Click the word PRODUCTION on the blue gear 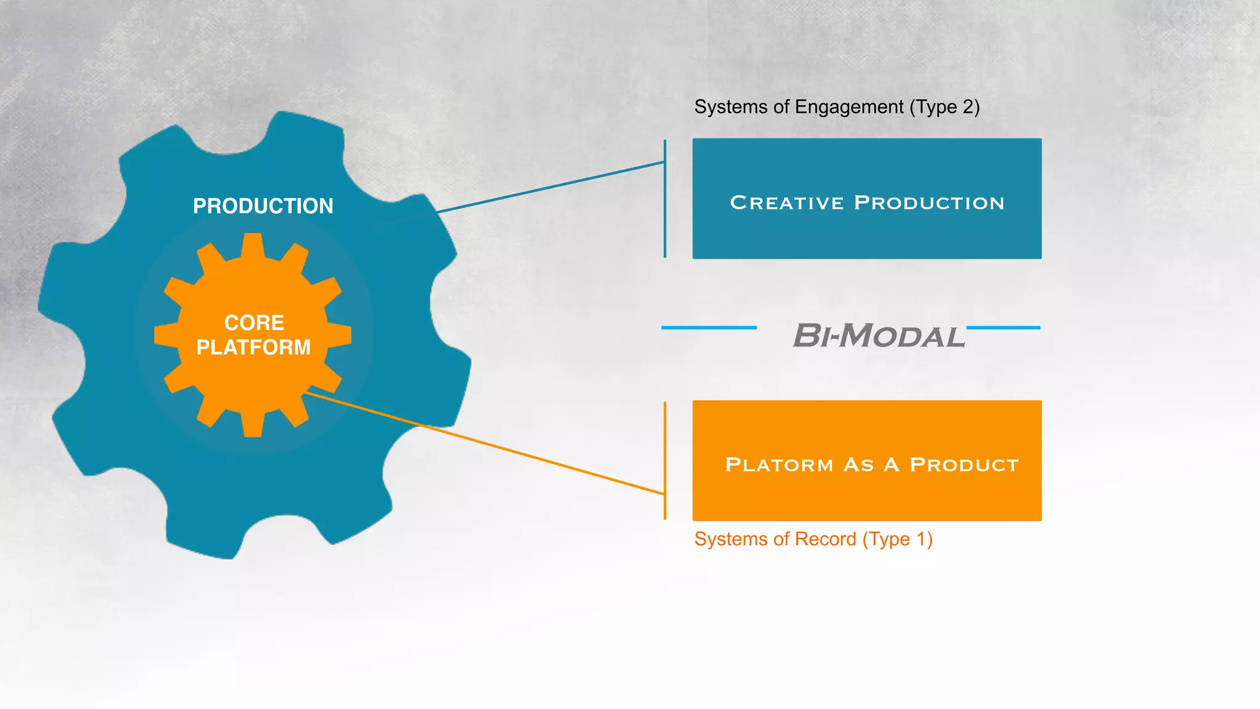[263, 206]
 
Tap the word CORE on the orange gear [253, 322]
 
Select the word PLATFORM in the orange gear [253, 347]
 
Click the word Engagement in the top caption [849, 108]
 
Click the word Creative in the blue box [786, 202]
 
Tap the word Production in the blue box [929, 202]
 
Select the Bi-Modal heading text [879, 336]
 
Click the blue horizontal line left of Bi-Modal [709, 327]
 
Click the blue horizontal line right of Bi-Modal [1003, 327]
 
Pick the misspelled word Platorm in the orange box [779, 465]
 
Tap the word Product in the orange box [964, 465]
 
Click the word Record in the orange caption [825, 539]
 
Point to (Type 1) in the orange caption [897, 539]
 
